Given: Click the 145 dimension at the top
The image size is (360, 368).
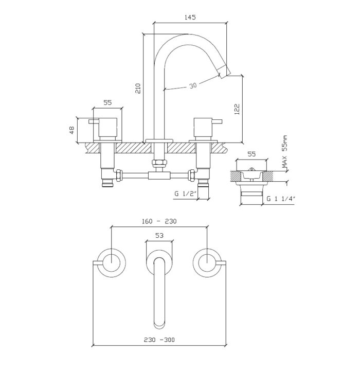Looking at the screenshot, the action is [190, 17].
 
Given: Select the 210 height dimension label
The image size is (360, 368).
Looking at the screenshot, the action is [138, 89].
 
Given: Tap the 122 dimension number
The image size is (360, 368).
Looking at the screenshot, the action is [237, 109].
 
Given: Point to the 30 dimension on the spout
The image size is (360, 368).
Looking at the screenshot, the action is [193, 85].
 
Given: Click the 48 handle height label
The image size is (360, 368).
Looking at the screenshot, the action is [72, 130].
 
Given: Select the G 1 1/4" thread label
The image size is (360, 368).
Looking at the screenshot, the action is [281, 199].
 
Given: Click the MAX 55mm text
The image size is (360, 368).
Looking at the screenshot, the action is [284, 152].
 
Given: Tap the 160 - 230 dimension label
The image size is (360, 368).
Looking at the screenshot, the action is [159, 221].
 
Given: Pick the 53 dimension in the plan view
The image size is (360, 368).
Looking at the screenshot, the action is [159, 235].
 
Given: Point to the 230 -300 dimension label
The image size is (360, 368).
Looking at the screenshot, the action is [159, 340].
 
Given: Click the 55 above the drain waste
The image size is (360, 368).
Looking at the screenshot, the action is [251, 154].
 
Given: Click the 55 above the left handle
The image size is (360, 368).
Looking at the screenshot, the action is [107, 102].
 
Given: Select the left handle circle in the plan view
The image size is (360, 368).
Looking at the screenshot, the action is [112, 263].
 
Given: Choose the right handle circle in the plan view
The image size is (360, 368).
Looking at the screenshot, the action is [207, 263].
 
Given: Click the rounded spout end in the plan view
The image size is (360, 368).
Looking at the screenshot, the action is [159, 323].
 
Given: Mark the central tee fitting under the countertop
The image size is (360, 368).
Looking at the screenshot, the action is [159, 176].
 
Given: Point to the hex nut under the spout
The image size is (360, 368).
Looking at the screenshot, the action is [159, 162].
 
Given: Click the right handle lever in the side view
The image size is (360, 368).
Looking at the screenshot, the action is [217, 121].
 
